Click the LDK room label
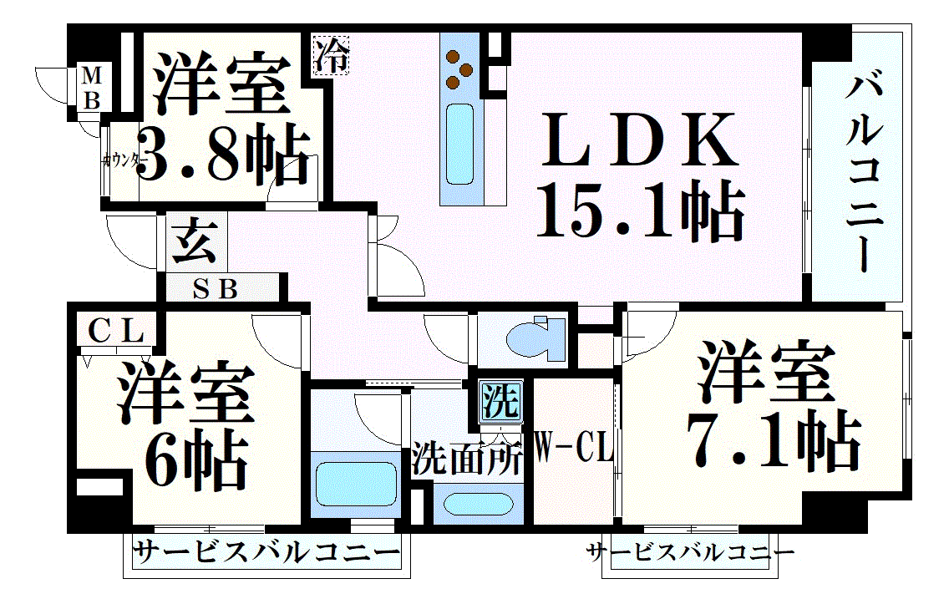[x=640, y=140]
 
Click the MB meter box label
[x=91, y=88]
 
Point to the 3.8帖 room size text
[x=224, y=153]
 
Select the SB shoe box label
[x=215, y=289]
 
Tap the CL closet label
[x=115, y=331]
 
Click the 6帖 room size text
[x=196, y=460]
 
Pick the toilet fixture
[x=535, y=338]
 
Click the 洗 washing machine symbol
[x=500, y=400]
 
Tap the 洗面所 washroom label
[x=466, y=459]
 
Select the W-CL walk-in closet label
[x=574, y=448]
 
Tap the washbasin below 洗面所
[x=478, y=505]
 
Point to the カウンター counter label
[x=122, y=161]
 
